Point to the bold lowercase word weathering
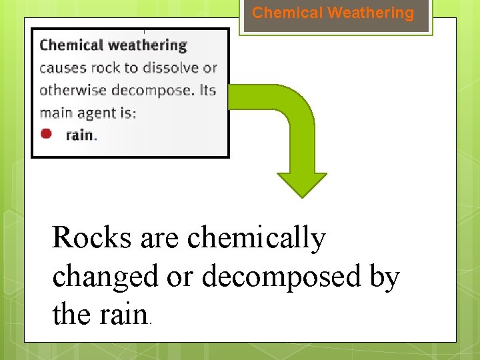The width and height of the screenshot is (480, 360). pyautogui.click(x=147, y=46)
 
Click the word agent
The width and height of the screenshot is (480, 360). pyautogui.click(x=98, y=113)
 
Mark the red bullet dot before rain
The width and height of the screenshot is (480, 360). pyautogui.click(x=46, y=133)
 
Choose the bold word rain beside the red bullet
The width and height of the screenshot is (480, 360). pyautogui.click(x=79, y=135)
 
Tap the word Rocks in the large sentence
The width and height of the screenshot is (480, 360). pyautogui.click(x=92, y=238)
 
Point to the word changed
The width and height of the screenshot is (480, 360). pyautogui.click(x=103, y=277)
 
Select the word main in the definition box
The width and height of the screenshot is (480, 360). pyautogui.click(x=55, y=113)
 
